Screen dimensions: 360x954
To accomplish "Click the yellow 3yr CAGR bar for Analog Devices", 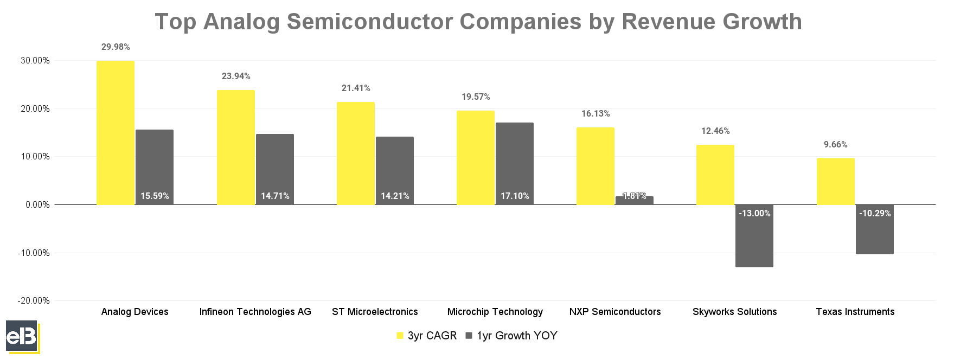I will (116, 133).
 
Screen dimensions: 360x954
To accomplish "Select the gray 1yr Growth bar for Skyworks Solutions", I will (754, 239).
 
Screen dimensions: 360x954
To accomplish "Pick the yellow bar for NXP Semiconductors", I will (595, 166).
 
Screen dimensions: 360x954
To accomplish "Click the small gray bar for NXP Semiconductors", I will (634, 201).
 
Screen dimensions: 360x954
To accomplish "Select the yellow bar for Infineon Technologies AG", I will (235, 147).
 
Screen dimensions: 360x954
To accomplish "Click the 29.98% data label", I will (116, 47).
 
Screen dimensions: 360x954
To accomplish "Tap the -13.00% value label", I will (754, 214).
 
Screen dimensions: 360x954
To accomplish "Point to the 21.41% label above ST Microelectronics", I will (356, 88).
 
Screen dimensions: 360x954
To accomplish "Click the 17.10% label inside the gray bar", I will (515, 196).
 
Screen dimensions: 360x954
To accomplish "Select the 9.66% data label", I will (835, 145).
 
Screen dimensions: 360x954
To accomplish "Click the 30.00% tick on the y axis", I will (35, 61).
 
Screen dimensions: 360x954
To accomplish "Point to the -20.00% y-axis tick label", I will (34, 301).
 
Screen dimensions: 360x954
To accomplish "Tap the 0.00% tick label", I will (37, 205).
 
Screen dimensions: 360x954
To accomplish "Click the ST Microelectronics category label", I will (375, 312).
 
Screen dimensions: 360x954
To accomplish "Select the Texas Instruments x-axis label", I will (855, 312).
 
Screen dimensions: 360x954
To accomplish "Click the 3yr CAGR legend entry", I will (427, 336).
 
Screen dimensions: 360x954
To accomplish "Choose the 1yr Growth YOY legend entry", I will (511, 336).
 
